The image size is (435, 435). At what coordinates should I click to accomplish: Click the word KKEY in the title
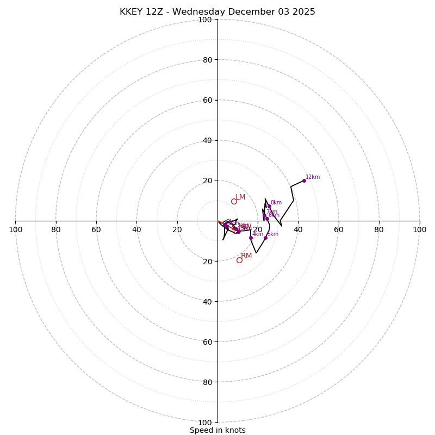(x=132, y=12)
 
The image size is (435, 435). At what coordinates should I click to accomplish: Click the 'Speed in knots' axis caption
(x=217, y=430)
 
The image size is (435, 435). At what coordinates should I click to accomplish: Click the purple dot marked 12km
(x=304, y=181)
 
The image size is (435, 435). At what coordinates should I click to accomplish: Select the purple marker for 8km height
(x=269, y=206)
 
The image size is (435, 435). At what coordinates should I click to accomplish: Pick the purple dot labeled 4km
(x=251, y=238)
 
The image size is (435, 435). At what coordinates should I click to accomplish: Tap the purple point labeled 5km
(x=265, y=238)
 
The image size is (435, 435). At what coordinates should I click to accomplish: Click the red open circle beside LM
(x=234, y=201)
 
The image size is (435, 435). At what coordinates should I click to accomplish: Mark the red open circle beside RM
(x=239, y=260)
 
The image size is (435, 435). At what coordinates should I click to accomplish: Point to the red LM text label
(x=240, y=197)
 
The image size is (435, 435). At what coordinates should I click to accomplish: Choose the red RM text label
(x=246, y=256)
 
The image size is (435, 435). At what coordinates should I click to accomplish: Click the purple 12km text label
(x=313, y=177)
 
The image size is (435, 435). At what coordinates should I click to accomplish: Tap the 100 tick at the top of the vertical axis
(x=205, y=20)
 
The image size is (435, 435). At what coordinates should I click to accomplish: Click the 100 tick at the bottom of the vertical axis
(x=205, y=422)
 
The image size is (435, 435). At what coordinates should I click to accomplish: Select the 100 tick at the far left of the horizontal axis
(x=15, y=229)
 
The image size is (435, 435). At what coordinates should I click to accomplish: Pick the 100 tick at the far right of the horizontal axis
(x=420, y=229)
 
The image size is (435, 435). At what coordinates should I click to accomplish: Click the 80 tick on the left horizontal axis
(x=56, y=229)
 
